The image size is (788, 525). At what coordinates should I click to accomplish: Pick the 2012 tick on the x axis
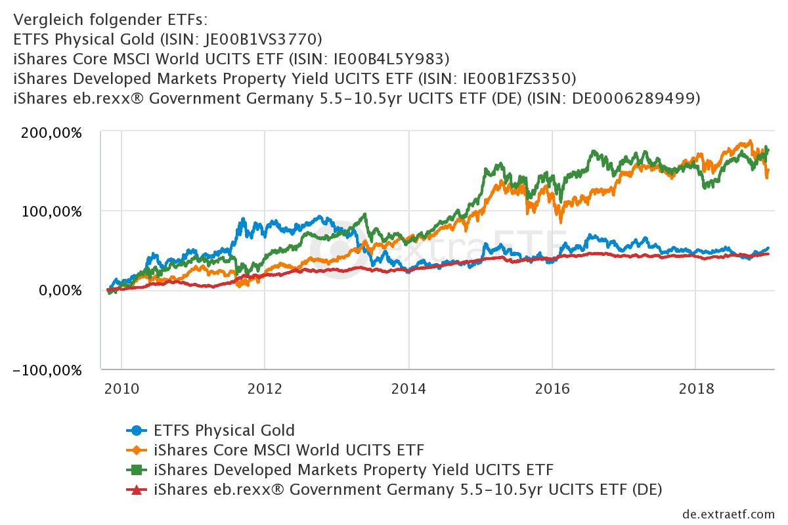(265, 388)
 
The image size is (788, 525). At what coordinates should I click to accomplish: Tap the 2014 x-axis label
(408, 388)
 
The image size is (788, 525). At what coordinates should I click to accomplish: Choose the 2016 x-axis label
(552, 388)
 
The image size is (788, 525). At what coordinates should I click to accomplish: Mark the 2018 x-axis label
(695, 388)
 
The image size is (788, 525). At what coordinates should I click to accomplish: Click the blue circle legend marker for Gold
(136, 431)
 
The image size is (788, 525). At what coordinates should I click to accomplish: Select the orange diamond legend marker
(136, 451)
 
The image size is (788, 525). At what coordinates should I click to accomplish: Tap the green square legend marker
(136, 471)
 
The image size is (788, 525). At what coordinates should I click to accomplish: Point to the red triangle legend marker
(136, 490)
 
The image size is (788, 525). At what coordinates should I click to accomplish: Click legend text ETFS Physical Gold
(224, 431)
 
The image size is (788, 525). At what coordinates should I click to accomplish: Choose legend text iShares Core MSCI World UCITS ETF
(289, 451)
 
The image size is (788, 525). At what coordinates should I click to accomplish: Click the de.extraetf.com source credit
(729, 513)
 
